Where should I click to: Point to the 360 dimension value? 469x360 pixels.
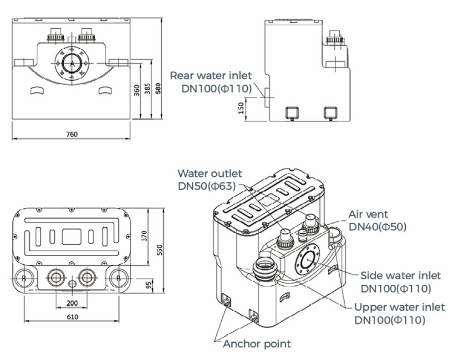click(x=137, y=90)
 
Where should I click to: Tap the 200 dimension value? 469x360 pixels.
click(x=71, y=303)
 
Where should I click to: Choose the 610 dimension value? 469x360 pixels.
click(x=71, y=317)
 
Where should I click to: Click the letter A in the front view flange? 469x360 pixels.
click(x=71, y=64)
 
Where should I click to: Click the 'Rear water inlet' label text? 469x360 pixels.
click(x=211, y=76)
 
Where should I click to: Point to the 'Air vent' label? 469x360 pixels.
click(x=368, y=214)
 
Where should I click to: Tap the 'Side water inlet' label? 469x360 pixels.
click(x=400, y=275)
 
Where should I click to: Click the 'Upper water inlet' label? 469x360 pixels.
click(x=399, y=307)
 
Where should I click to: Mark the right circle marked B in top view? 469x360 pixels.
click(x=118, y=278)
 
